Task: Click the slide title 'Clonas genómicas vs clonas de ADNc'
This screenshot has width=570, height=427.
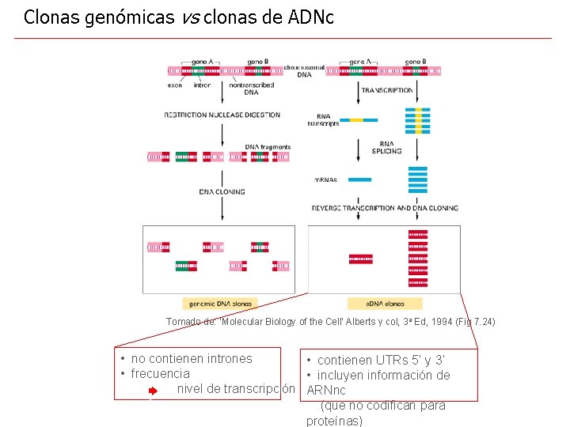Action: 179,17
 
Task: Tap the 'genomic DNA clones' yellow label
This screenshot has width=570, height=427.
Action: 220,304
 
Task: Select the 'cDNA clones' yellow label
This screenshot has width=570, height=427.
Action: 385,304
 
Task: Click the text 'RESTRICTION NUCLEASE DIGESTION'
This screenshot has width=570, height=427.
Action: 222,115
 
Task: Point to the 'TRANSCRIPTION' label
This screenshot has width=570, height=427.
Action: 387,90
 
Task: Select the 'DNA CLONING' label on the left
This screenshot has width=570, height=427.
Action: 222,191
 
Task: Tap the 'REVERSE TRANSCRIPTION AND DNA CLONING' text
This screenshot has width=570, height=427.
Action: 385,208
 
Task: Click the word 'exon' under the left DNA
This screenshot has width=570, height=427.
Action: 175,85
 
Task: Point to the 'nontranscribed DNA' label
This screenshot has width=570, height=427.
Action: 251,88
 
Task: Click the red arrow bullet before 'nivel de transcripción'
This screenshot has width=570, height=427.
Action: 154,390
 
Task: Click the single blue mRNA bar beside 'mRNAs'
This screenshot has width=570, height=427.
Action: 359,179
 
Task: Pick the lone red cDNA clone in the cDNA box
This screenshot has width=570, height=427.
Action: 361,259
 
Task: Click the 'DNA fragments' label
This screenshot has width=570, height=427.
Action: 268,147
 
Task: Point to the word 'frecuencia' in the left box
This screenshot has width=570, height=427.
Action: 161,374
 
